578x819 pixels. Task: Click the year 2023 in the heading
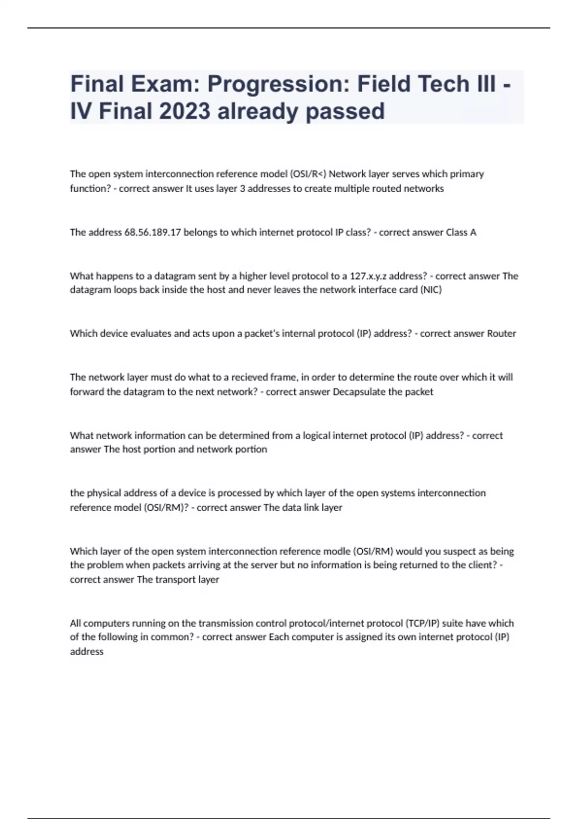(x=185, y=111)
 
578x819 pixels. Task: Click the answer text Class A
(x=461, y=232)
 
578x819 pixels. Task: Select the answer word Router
(x=501, y=333)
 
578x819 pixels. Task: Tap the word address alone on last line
(x=87, y=651)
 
